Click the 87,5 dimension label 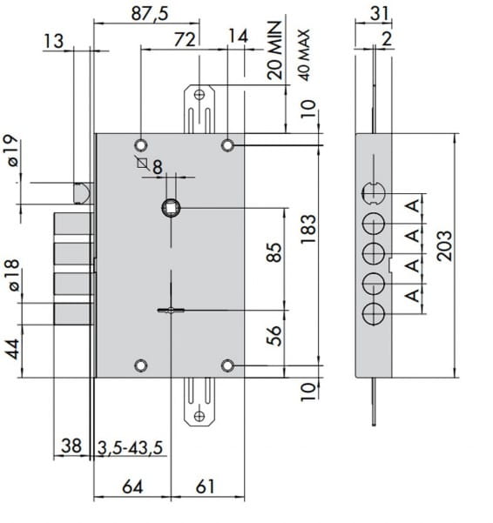[x=150, y=14]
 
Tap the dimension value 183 [x=307, y=229]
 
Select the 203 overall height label [x=444, y=245]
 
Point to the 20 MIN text [x=275, y=50]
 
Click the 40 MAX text [x=304, y=55]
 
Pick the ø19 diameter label [x=13, y=150]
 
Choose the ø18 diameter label [x=13, y=275]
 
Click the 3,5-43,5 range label [x=130, y=447]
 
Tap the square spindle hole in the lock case [x=171, y=208]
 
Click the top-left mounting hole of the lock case [x=141, y=145]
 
